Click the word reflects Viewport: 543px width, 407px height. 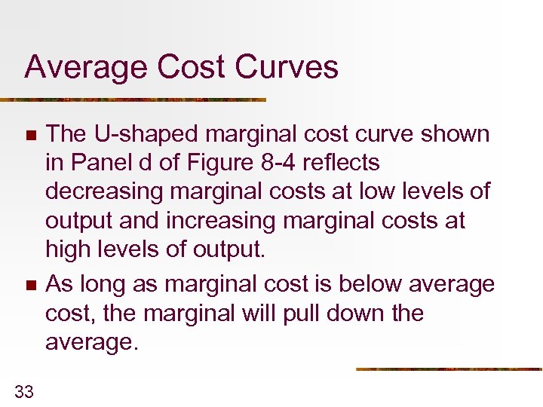coord(342,164)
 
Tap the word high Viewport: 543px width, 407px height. coord(67,249)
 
